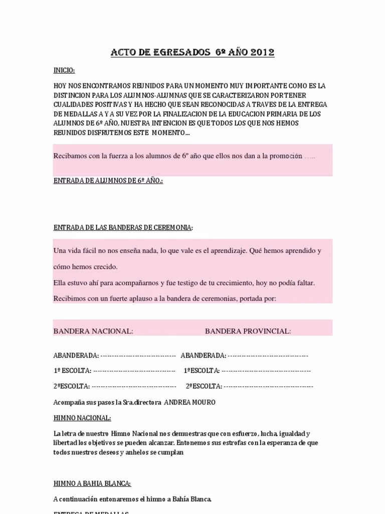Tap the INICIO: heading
(x=64, y=70)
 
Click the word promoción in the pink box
(x=286, y=156)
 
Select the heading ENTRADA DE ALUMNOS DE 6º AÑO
(x=108, y=181)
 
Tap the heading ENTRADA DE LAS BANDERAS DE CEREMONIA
(x=123, y=227)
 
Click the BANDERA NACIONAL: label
(x=93, y=331)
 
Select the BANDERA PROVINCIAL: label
(x=248, y=331)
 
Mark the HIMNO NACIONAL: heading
(x=82, y=418)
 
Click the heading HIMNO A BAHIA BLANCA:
(x=92, y=483)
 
